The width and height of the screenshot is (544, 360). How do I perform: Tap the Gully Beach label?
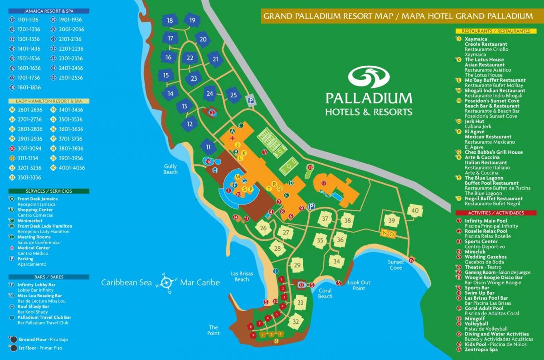coord(170,170)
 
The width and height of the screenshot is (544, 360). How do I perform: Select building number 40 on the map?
coord(415,210)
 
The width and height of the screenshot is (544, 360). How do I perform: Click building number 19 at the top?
coord(192,20)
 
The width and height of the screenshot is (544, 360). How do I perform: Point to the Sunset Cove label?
coord(395,265)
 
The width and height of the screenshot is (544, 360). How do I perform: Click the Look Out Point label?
coord(359,285)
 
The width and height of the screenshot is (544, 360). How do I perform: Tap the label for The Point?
coord(214,330)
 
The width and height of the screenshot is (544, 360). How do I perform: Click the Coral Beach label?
coord(325,293)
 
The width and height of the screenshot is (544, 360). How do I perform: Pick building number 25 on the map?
coord(233,95)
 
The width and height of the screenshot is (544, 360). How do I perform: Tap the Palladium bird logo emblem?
coord(369,78)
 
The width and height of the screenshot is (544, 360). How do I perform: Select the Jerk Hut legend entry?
coord(474,121)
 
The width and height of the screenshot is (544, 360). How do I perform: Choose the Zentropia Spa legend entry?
coord(481,349)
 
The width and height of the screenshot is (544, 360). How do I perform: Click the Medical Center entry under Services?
coord(34,248)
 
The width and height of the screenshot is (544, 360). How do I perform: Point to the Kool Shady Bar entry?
coord(33,306)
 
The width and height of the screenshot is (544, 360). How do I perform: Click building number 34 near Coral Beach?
coord(336,262)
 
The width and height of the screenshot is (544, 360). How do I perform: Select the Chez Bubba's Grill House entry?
coord(493,152)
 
